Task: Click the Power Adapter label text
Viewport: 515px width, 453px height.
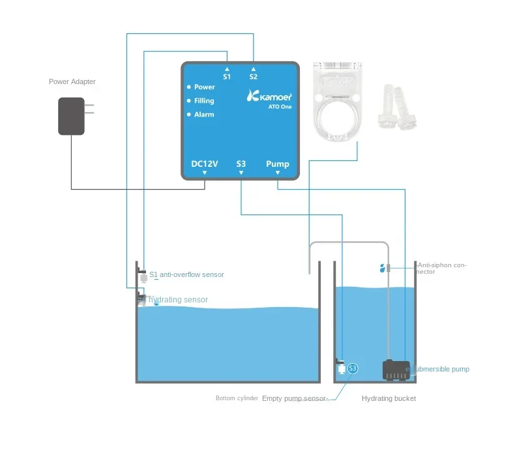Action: [x=72, y=81]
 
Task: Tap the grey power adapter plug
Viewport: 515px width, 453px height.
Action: [x=72, y=116]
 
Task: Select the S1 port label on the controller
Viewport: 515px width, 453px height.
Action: [x=227, y=76]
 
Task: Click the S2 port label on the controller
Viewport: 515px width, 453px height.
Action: [x=253, y=76]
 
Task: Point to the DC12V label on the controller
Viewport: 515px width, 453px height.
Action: [x=204, y=164]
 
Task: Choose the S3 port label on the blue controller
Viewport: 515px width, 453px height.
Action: [x=241, y=164]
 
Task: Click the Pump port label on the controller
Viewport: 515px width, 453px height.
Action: [x=278, y=164]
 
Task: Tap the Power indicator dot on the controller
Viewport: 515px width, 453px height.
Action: [x=189, y=87]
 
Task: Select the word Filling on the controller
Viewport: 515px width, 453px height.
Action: [x=204, y=101]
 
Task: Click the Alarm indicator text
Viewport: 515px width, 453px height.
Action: [x=204, y=115]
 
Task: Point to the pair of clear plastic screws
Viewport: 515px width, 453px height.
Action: [x=397, y=106]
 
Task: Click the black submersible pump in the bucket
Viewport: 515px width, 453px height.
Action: [x=395, y=370]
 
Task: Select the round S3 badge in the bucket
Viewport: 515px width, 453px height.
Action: [x=353, y=368]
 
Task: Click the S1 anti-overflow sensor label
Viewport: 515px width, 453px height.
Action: [x=187, y=274]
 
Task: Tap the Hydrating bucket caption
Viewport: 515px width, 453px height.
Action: [x=389, y=398]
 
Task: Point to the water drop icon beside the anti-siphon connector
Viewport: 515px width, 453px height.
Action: [x=382, y=268]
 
